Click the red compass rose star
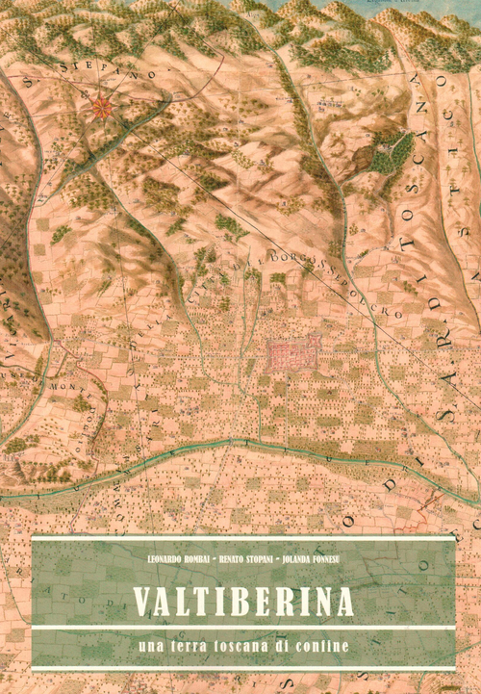coord(99,108)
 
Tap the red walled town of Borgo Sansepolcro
coord(291,355)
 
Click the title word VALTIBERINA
coord(241,600)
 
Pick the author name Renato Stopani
coord(242,558)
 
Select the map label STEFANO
coord(89,69)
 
